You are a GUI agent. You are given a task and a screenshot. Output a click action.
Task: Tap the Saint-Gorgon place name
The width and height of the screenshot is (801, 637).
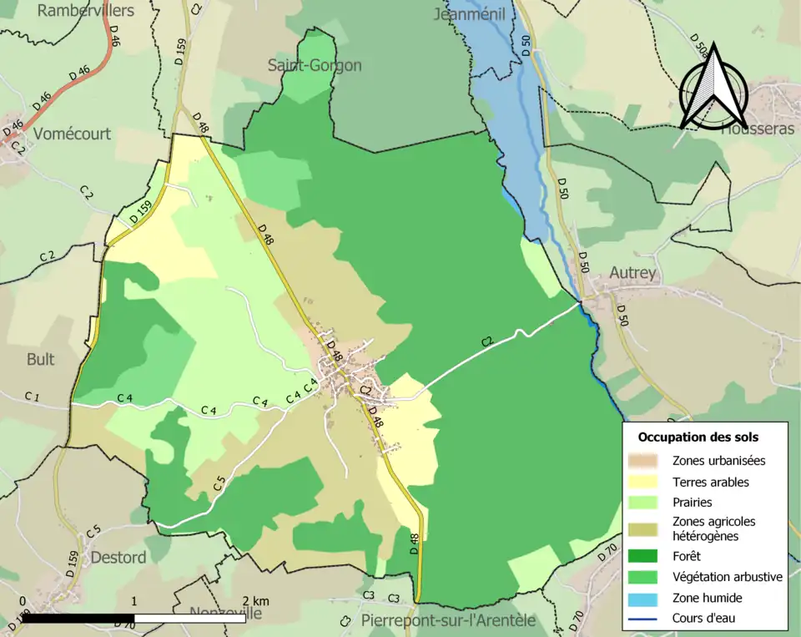click(x=315, y=65)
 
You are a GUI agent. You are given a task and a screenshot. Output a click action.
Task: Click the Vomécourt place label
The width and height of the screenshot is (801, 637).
click(x=72, y=134)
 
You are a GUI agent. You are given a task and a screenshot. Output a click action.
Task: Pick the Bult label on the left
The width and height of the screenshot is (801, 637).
click(x=40, y=359)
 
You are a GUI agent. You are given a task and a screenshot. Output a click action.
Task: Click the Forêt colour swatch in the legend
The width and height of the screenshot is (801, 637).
click(x=647, y=554)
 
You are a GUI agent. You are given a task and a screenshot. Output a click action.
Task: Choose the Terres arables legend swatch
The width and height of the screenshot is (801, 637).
click(x=647, y=482)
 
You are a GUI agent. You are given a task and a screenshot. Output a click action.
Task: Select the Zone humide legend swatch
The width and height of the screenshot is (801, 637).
click(x=647, y=598)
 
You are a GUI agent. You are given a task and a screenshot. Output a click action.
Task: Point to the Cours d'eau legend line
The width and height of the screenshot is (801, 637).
click(x=647, y=619)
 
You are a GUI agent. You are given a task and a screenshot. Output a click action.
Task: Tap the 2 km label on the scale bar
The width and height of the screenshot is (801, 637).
click(x=256, y=601)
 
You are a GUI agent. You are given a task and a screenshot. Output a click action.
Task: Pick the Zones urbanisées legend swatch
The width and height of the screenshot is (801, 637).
click(x=647, y=460)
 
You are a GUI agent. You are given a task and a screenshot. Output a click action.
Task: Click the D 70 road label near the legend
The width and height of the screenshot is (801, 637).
click(x=609, y=550)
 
